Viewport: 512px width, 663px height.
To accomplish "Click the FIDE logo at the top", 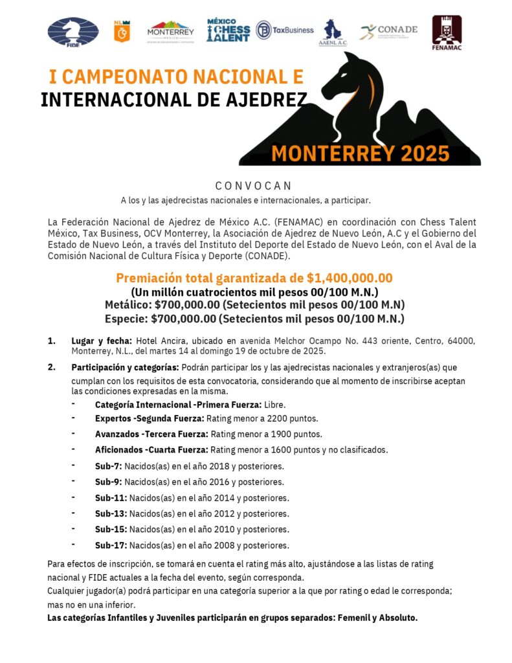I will [73, 32].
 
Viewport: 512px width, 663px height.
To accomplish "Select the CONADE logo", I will [388, 31].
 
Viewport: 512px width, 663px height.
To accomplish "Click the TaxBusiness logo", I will [284, 30].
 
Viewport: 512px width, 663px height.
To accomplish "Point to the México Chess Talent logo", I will [228, 30].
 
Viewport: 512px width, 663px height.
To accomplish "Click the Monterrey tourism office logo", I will [171, 30].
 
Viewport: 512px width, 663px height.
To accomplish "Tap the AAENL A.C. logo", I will [333, 33].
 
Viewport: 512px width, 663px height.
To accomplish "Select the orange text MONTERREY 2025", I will [360, 153].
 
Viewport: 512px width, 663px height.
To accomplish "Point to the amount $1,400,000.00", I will [350, 278].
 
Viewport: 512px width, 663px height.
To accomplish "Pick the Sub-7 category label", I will [108, 466].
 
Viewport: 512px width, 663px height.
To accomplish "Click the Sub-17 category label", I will [111, 545].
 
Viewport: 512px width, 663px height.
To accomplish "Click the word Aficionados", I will [118, 450].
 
